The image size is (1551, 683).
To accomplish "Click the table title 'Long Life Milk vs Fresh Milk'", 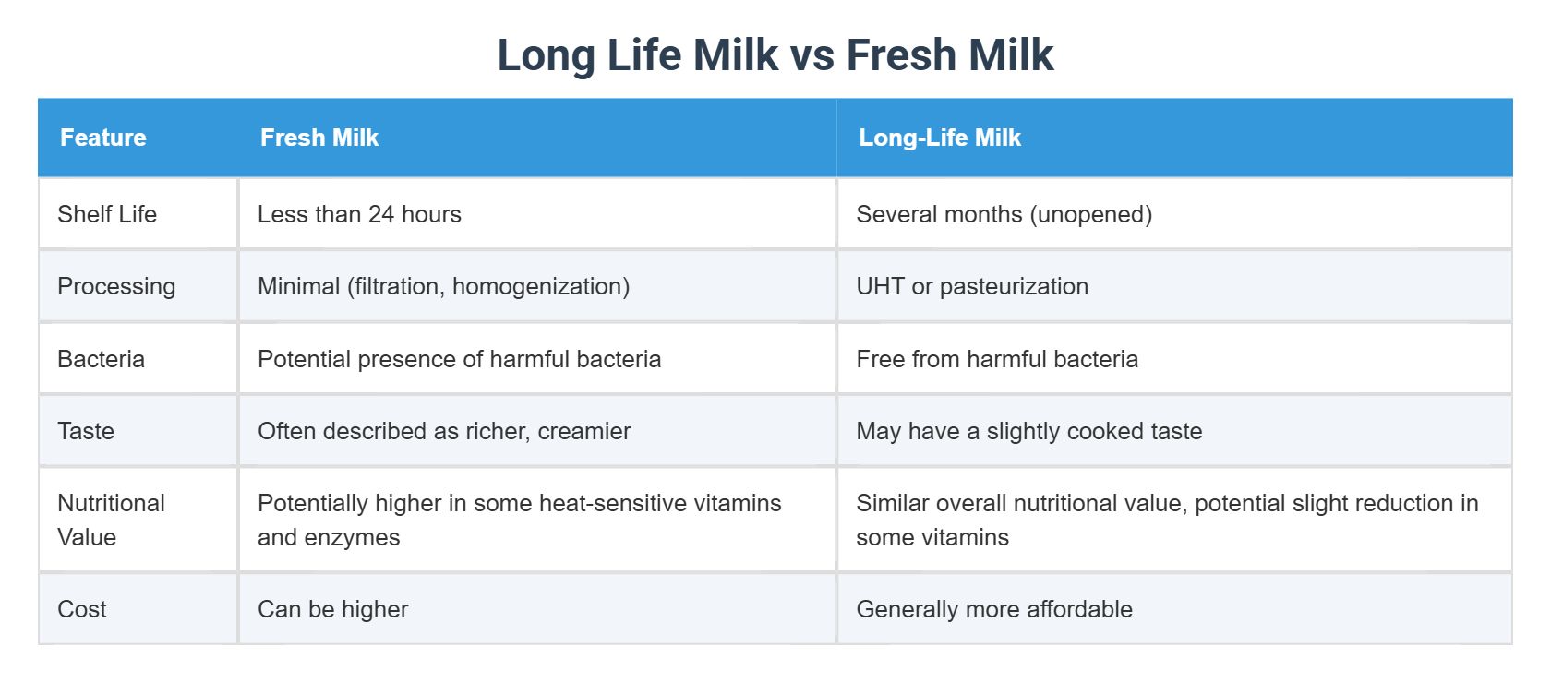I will pos(775,55).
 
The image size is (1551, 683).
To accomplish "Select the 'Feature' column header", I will pos(103,138).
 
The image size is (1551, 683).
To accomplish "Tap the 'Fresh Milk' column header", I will pos(319,138).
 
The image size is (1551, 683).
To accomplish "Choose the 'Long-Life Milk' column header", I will pos(940,138).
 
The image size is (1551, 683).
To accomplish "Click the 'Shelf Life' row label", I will pos(107,214).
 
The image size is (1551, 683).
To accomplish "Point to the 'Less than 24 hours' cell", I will pos(359,214).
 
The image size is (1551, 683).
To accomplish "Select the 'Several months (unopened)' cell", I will pos(1004,214).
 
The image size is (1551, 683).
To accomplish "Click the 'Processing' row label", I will pos(116,286).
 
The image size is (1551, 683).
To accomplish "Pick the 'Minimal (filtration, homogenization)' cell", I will pos(443,286).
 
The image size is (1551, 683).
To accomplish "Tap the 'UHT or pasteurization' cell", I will pos(972,286).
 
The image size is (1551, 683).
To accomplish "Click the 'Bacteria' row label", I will pos(102,359).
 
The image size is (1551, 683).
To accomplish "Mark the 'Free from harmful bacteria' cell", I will pos(997,359).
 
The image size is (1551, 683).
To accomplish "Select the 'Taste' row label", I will pos(86,431).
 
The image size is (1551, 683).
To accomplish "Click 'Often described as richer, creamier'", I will pos(444,431).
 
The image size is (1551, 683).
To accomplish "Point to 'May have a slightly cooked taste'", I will pos(1029,431).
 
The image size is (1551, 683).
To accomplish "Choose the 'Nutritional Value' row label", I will pos(111,520).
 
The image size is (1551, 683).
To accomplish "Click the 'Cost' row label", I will pos(82,609).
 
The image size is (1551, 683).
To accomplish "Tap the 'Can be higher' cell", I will pos(332,609).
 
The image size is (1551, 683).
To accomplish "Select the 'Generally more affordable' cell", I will pos(994,609).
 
